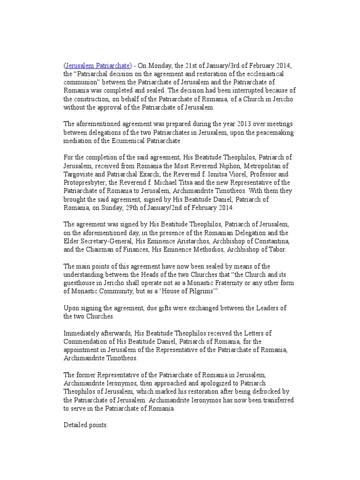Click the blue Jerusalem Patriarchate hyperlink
97,65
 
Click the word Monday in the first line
158,65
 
